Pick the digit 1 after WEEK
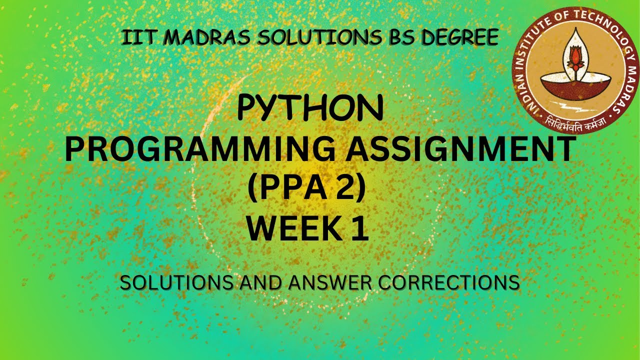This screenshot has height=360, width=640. [x=359, y=229]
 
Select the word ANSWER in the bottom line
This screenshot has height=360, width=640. [x=332, y=283]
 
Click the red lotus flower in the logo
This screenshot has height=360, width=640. [x=575, y=55]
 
